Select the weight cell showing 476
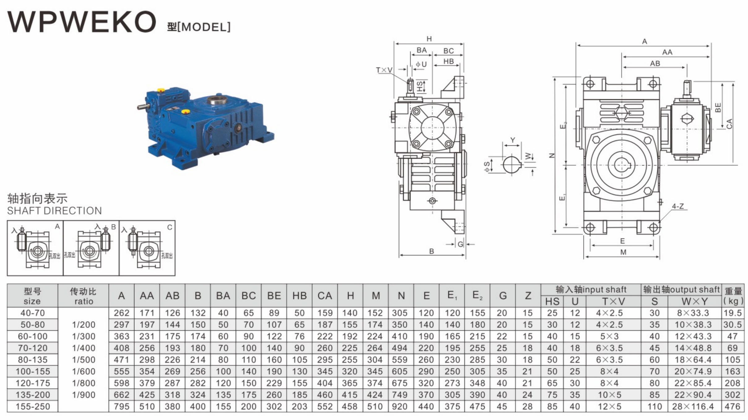(x=732, y=406)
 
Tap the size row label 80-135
(x=33, y=360)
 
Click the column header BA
(x=223, y=296)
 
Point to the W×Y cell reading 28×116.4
(x=693, y=406)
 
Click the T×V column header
(x=613, y=302)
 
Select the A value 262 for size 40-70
(x=121, y=313)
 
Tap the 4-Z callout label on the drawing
(x=678, y=206)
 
